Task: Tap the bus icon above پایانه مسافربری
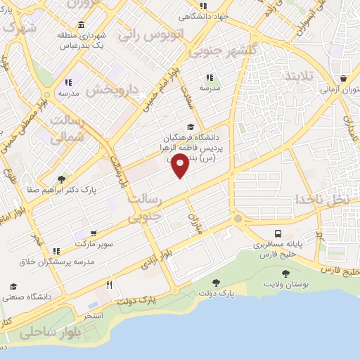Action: pyautogui.click(x=279, y=233)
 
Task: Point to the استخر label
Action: pyautogui.click(x=94, y=316)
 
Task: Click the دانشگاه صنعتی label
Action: pyautogui.click(x=28, y=297)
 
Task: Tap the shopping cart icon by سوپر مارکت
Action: pyautogui.click(x=93, y=233)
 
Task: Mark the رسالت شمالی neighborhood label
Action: pyautogui.click(x=70, y=129)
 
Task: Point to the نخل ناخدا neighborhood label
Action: pyautogui.click(x=322, y=198)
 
